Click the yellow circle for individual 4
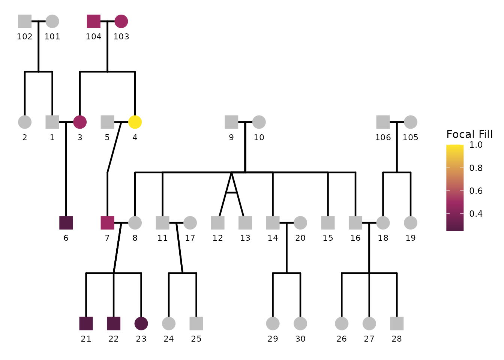click(x=135, y=122)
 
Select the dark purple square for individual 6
click(x=66, y=223)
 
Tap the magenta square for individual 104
click(x=93, y=21)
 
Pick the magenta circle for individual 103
click(x=121, y=21)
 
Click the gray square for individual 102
click(x=25, y=21)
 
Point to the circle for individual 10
click(x=259, y=122)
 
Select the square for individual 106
click(x=383, y=122)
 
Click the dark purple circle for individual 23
click(x=141, y=323)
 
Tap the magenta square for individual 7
click(x=107, y=223)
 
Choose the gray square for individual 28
click(x=397, y=323)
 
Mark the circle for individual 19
click(x=411, y=223)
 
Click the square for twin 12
click(x=217, y=223)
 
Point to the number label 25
click(x=196, y=339)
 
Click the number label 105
click(x=410, y=137)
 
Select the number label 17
click(x=190, y=238)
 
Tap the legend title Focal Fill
click(x=469, y=134)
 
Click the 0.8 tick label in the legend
click(x=476, y=168)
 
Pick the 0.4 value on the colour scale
click(x=476, y=214)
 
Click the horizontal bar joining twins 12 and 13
click(x=231, y=192)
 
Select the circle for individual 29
click(x=273, y=323)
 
